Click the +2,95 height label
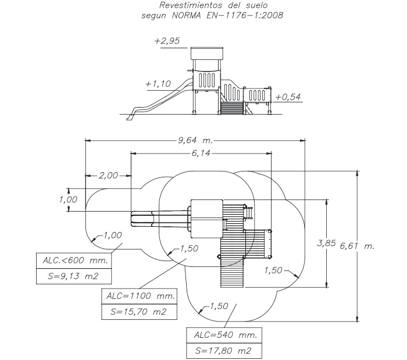click(167, 41)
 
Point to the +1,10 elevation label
click(158, 84)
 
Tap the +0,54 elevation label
click(288, 97)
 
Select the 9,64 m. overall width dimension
click(195, 140)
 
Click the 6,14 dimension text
click(201, 154)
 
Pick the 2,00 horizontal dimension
click(108, 176)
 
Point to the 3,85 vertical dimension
click(326, 243)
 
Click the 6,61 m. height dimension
click(357, 246)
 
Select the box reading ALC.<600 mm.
click(74, 261)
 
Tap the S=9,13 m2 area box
click(74, 276)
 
